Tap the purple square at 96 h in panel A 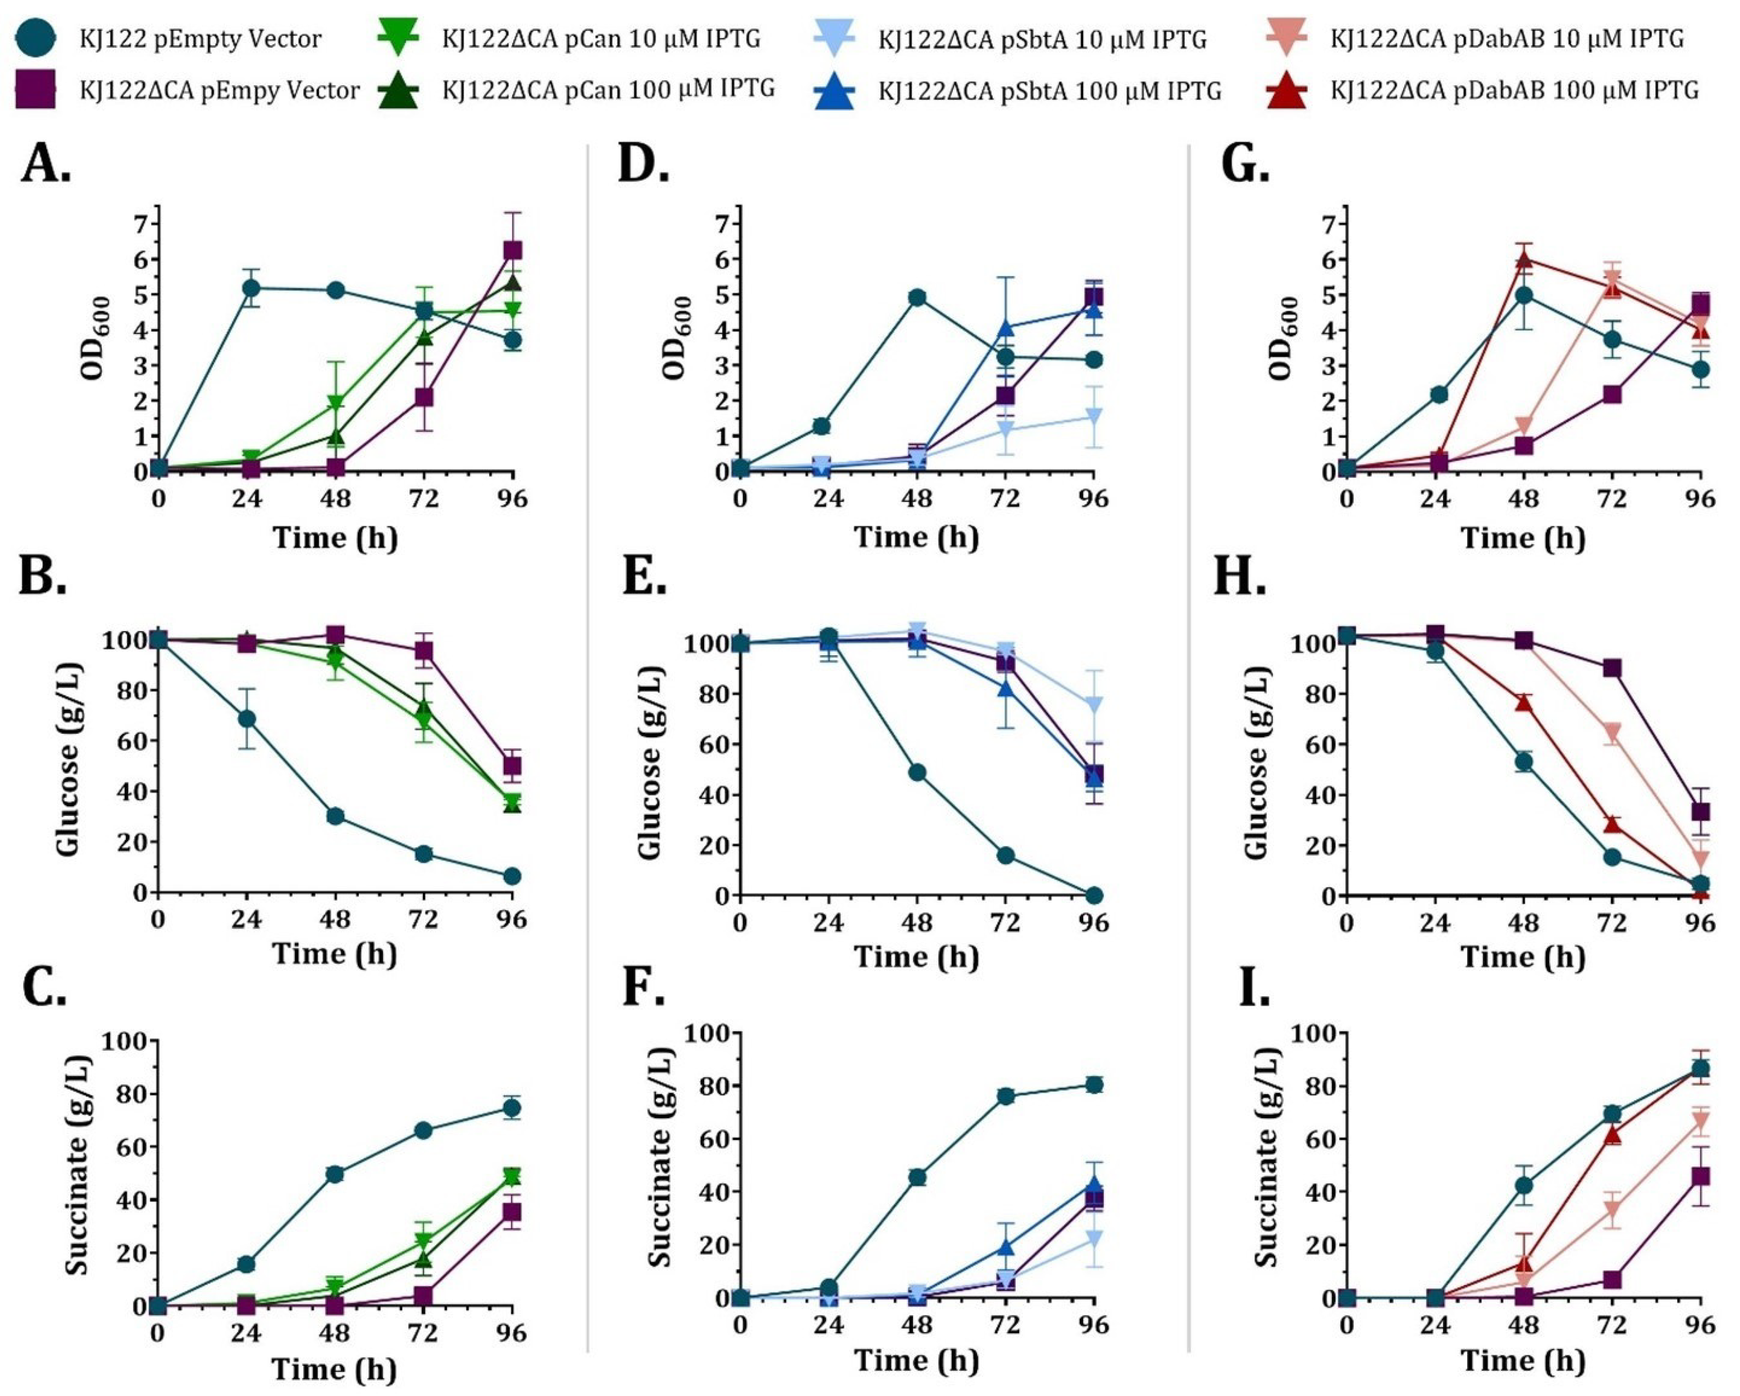[x=512, y=250]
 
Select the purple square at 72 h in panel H [x=1612, y=668]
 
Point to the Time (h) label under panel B [x=335, y=954]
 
